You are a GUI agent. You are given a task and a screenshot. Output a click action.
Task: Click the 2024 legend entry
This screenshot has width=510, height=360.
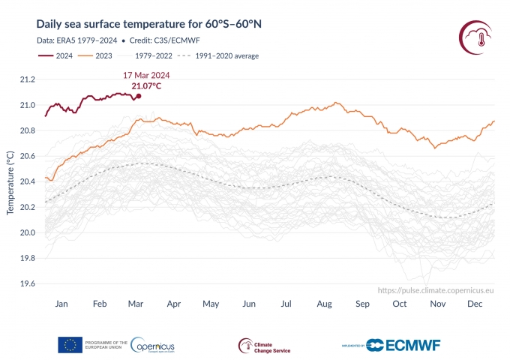(x=63, y=55)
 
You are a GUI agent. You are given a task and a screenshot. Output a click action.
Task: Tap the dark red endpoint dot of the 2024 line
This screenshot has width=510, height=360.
(x=139, y=96)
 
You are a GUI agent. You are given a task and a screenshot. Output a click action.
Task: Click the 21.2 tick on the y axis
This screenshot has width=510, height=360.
(x=27, y=79)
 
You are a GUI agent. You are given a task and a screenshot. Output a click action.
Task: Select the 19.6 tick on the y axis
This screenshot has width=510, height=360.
(x=27, y=283)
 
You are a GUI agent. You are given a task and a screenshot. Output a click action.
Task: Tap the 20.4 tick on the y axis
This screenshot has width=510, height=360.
(x=27, y=181)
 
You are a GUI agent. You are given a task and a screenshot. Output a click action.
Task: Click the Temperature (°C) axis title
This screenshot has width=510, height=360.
(x=10, y=181)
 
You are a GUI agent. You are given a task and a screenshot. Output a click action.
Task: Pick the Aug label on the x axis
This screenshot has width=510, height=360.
(x=325, y=304)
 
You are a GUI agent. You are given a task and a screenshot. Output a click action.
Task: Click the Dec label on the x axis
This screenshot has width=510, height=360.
(x=475, y=304)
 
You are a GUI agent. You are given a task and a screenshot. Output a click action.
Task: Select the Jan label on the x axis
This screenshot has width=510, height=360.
(x=62, y=304)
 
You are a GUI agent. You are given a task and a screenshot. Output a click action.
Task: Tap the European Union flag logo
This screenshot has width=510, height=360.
(x=70, y=344)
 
